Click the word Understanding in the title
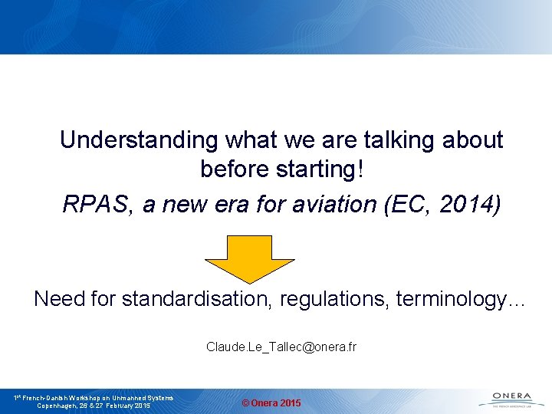coord(140,140)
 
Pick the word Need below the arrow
coord(59,299)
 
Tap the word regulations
coord(335,299)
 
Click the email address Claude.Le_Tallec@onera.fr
coord(281,347)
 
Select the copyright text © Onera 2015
coord(271,403)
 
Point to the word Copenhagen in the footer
coord(61,406)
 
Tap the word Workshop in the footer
coord(90,398)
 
